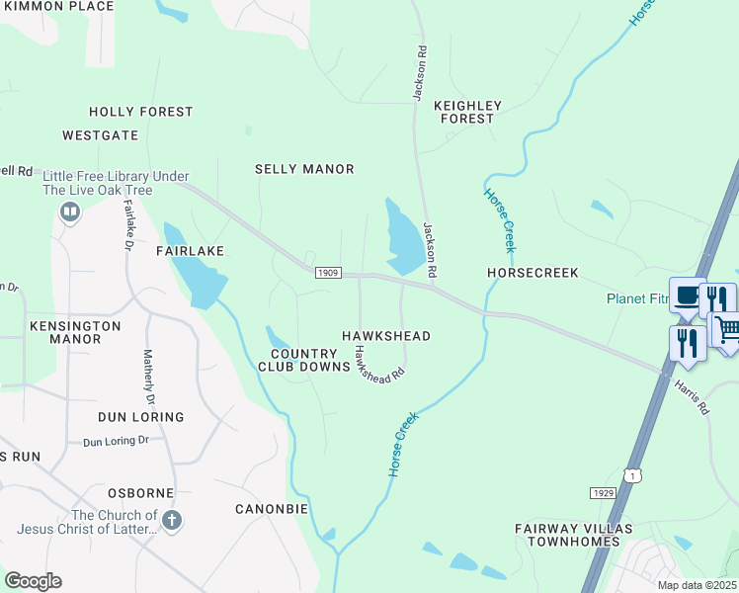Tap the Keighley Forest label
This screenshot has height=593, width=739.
click(467, 112)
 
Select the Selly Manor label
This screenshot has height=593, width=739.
click(304, 169)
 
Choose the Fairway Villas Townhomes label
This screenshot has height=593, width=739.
click(567, 534)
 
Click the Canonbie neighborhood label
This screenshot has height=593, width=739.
click(272, 509)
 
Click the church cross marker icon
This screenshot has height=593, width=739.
click(172, 520)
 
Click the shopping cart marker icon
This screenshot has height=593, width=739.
click(726, 329)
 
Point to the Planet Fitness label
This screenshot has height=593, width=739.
click(636, 299)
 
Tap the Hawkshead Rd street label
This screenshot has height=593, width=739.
click(379, 364)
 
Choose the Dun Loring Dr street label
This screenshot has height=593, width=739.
click(116, 441)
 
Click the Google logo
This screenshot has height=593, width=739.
click(33, 581)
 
